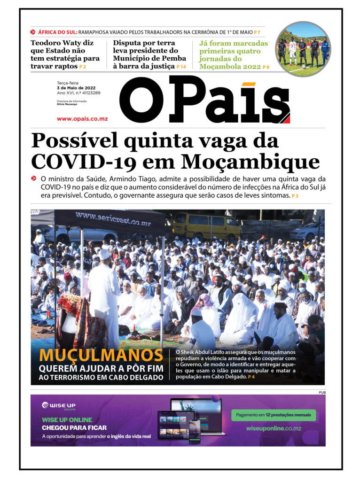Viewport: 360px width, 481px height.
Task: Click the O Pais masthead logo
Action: (204, 100)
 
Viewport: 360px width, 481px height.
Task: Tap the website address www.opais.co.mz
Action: (82, 119)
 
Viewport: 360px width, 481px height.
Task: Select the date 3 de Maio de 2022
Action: (77, 88)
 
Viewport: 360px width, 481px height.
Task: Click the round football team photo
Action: (303, 48)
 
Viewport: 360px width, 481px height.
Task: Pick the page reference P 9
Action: (266, 67)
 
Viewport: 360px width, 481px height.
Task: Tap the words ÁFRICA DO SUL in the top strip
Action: (56, 32)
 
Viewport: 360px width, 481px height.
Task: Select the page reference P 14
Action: (181, 67)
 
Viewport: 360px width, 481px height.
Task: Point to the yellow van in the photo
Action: (206, 225)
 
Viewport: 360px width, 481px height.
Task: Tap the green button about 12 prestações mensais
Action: (274, 415)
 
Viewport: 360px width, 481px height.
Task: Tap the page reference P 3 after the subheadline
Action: (295, 195)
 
